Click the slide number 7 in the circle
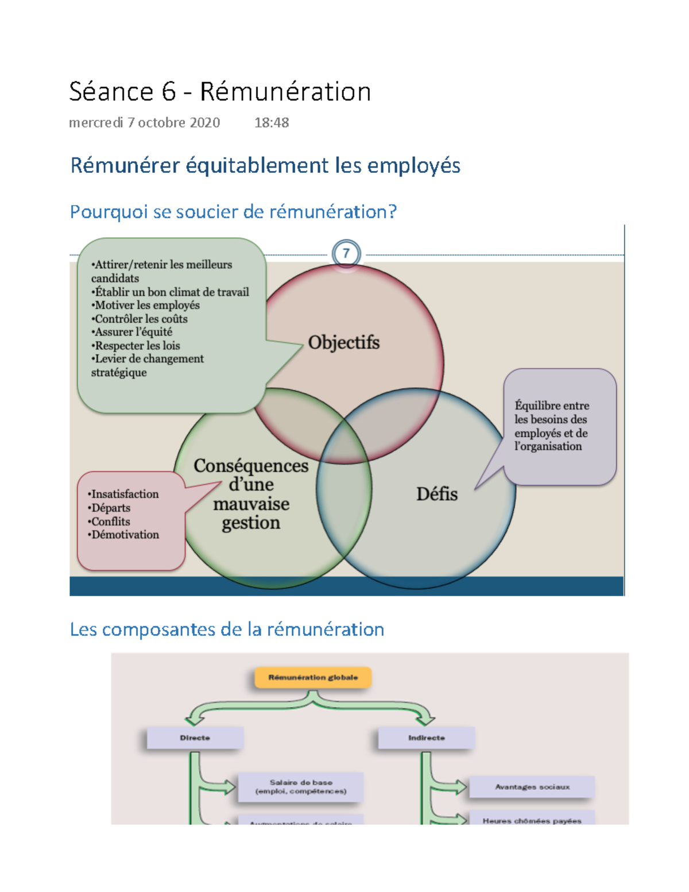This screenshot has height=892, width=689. click(x=346, y=253)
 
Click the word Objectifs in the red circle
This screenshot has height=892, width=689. click(x=344, y=342)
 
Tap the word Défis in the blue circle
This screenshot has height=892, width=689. click(x=437, y=494)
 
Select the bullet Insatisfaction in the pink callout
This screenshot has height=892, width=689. click(x=123, y=494)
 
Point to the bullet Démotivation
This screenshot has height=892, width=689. click(x=123, y=535)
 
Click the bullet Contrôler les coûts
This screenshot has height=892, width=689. click(x=140, y=319)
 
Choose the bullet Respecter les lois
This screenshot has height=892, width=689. click(x=136, y=346)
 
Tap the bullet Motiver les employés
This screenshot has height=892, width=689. click(x=146, y=306)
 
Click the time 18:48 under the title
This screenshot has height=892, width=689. click(x=272, y=122)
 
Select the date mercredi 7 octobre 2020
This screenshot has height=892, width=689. click(x=144, y=122)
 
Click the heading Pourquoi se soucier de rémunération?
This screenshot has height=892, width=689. click(x=233, y=212)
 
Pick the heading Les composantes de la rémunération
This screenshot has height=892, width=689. click(x=227, y=630)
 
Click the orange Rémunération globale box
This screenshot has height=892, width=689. click(x=313, y=678)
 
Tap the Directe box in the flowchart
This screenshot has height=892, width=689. click(x=195, y=738)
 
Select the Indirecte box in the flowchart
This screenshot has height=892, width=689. click(x=427, y=738)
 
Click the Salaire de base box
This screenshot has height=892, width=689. click(x=301, y=787)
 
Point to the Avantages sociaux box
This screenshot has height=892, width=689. click(x=532, y=787)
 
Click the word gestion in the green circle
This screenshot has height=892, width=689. click(x=251, y=523)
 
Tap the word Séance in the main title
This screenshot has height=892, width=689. click(x=111, y=92)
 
